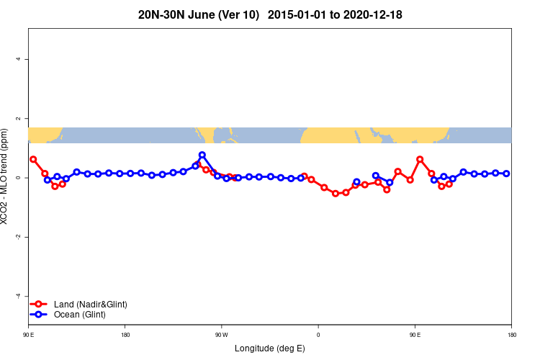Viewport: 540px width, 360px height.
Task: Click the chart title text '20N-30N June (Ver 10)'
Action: coord(198,14)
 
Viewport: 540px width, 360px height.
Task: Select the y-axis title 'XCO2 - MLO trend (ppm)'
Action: coord(6,177)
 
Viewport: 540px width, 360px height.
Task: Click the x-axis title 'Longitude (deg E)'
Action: coord(270,348)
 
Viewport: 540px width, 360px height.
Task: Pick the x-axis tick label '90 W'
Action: coord(221,335)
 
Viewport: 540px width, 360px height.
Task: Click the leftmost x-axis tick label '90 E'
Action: coord(28,335)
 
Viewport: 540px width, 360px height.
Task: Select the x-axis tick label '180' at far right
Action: coord(511,335)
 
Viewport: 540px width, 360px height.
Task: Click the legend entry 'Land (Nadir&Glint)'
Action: coord(91,305)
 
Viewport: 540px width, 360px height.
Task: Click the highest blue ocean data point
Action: coord(202,155)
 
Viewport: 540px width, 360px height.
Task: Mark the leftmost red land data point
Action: coord(33,159)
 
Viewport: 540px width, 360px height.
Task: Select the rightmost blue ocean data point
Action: coord(507,174)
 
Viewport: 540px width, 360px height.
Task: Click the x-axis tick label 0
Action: coord(318,335)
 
